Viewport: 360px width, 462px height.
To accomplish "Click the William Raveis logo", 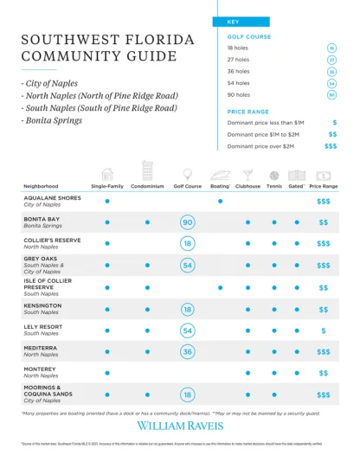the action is [179, 426].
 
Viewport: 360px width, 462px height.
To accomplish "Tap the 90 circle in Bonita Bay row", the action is [187, 222].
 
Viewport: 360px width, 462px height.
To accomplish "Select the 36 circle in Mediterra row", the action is [187, 352].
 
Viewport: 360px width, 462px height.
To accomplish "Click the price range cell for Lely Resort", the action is [323, 330].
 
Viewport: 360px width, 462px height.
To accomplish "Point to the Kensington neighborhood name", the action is [42, 305].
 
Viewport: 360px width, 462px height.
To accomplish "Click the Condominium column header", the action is [147, 186].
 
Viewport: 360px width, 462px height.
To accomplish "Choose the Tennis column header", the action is [274, 186].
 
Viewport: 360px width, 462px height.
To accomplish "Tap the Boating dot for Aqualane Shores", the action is [220, 201].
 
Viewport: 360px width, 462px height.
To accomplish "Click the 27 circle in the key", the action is [331, 61].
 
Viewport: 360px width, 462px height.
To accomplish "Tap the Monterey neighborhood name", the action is [41, 370].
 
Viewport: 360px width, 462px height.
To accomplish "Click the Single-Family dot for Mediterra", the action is [107, 352].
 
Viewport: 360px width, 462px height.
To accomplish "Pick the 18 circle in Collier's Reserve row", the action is [187, 244].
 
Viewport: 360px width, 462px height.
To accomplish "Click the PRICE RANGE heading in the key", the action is [248, 112].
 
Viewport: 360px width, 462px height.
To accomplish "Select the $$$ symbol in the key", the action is [331, 147].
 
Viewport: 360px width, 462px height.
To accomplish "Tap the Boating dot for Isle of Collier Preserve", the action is [220, 287].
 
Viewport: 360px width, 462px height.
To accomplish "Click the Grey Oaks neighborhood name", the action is [41, 258].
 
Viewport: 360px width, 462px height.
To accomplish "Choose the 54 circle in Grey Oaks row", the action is [187, 266].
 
